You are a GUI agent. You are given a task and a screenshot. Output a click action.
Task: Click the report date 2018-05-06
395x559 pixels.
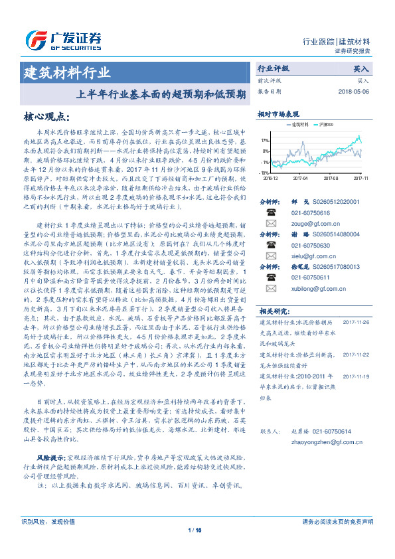353,92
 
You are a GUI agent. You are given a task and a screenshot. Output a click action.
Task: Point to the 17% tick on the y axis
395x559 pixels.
265,141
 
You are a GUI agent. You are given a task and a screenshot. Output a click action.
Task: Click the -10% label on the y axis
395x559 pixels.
264,173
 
